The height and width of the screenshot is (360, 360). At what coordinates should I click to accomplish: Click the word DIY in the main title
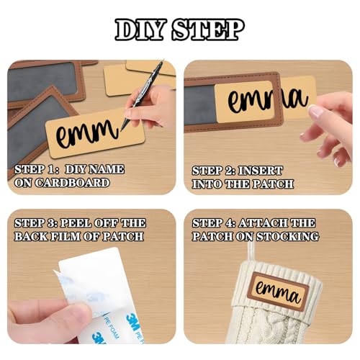(140, 30)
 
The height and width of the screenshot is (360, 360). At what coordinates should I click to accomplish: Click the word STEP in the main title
(208, 30)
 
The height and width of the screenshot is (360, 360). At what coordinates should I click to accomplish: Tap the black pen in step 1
(142, 94)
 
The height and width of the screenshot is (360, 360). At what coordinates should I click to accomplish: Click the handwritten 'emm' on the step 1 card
(88, 133)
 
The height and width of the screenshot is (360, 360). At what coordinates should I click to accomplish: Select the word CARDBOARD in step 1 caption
(72, 183)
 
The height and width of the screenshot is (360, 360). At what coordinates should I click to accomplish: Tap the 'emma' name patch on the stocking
(279, 292)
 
